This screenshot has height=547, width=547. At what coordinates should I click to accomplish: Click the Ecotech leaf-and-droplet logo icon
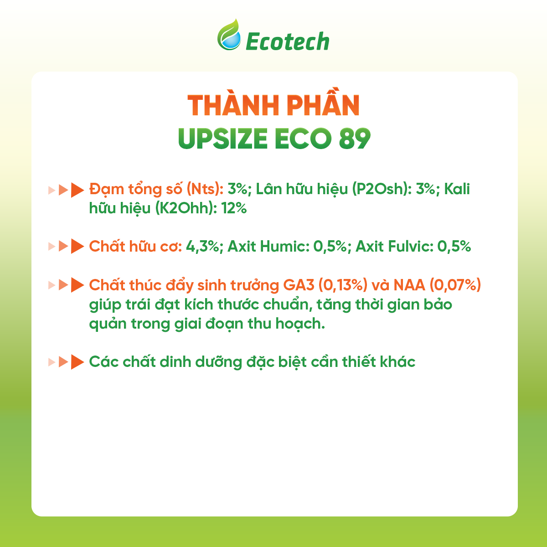(x=229, y=35)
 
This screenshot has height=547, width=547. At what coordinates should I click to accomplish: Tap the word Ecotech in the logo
(x=287, y=41)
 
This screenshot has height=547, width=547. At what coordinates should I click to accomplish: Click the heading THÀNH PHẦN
(x=274, y=105)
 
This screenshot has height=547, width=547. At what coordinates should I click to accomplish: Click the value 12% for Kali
(x=234, y=208)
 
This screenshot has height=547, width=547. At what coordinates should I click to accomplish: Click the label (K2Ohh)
(x=186, y=208)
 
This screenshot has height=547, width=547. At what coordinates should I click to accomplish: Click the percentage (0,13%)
(x=343, y=285)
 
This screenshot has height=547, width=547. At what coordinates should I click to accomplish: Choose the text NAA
(x=407, y=285)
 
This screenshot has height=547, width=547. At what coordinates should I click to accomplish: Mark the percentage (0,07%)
(x=453, y=285)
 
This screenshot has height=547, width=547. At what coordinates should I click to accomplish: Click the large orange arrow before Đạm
(x=77, y=190)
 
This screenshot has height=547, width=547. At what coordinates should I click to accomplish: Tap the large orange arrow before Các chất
(x=77, y=362)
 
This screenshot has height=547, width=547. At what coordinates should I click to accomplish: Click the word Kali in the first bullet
(x=457, y=189)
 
